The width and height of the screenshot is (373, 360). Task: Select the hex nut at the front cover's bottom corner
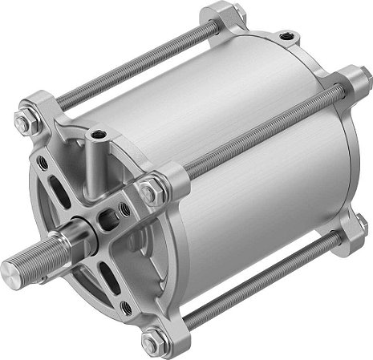tap(151, 341)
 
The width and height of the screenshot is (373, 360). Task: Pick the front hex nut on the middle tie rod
tap(150, 192)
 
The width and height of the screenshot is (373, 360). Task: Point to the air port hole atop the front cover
tap(98, 133)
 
